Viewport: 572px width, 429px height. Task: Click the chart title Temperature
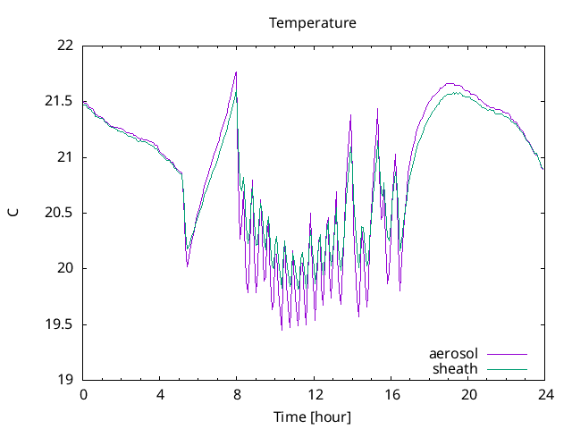coord(313,22)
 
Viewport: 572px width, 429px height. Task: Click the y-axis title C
coord(13,212)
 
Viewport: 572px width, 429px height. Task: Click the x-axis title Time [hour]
coord(313,417)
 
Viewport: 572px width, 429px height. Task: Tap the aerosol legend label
coord(453,354)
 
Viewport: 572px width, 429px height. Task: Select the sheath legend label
coord(456,368)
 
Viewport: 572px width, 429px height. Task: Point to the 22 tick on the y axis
coord(65,46)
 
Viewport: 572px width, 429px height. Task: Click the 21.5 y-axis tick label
coord(60,102)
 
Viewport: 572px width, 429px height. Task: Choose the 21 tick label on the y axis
coord(65,157)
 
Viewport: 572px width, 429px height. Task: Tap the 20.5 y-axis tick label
coord(60,213)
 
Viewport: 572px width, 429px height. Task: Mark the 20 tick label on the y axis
coord(65,268)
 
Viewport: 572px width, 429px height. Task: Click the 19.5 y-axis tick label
coord(60,324)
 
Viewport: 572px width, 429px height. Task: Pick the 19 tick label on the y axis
coord(65,379)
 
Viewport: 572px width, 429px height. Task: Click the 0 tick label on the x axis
coord(83,394)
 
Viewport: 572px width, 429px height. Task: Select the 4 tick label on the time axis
coord(160,394)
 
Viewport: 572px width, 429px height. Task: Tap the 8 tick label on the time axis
coord(237,394)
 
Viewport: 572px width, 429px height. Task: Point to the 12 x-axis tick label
coord(314,394)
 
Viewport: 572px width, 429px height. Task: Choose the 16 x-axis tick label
coord(391,394)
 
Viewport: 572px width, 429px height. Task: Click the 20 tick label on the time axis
coord(467,394)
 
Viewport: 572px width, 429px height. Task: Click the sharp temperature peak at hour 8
coord(236,72)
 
